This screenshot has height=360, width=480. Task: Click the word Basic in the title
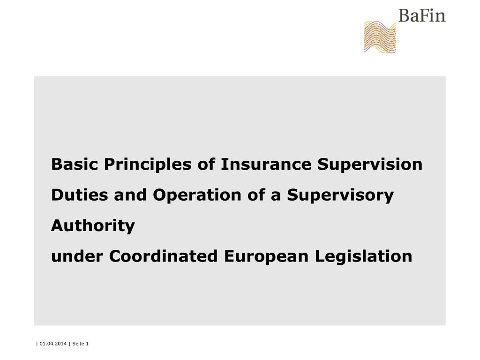(x=75, y=165)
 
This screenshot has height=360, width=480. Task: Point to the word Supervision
(x=370, y=165)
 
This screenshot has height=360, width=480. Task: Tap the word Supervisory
(x=340, y=195)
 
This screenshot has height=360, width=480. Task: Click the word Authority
(x=93, y=226)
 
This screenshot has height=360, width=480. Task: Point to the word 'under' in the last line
(x=77, y=256)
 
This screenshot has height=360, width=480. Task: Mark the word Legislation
(x=364, y=257)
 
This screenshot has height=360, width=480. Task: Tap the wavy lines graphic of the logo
(x=380, y=37)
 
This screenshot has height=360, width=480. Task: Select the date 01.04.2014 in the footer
(x=53, y=344)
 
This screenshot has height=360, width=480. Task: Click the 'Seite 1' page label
(x=80, y=344)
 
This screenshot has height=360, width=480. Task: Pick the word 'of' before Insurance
(x=206, y=165)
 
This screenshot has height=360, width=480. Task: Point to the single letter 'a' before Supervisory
(x=277, y=195)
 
